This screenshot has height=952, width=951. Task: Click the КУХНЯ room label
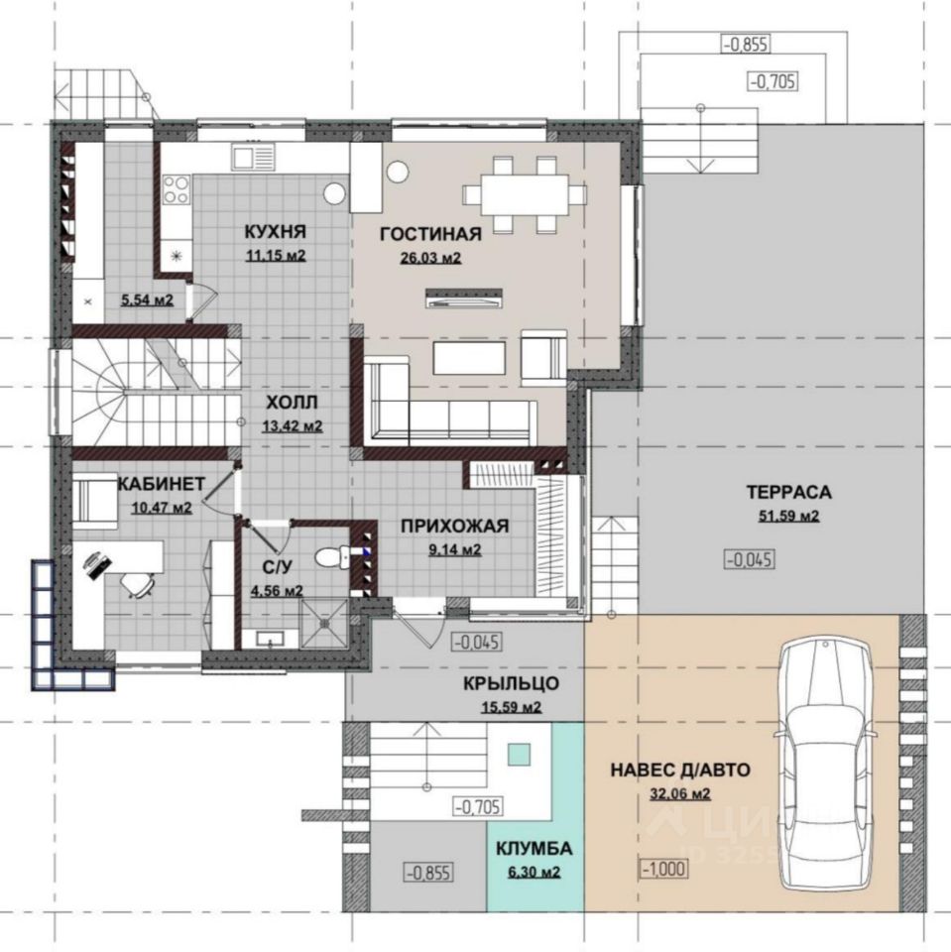tap(275, 231)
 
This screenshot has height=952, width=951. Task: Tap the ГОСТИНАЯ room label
tap(430, 234)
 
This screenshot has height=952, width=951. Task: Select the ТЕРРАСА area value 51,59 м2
tap(788, 516)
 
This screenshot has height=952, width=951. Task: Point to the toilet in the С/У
tap(331, 556)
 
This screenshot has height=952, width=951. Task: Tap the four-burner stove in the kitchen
tap(177, 189)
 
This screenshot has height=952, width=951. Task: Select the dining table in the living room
tap(525, 195)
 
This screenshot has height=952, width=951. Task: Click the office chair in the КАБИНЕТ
tap(137, 585)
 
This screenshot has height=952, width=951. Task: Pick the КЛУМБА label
tap(534, 848)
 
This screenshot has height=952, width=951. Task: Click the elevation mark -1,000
tap(664, 869)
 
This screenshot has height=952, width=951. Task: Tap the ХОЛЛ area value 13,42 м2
tap(293, 426)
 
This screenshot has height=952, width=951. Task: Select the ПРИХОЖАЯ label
tap(455, 526)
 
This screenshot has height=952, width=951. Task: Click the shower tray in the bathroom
tap(325, 623)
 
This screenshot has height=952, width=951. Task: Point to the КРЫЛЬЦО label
tap(512, 683)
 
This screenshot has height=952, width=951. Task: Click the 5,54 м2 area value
tap(147, 299)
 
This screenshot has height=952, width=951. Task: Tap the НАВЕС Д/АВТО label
tap(680, 770)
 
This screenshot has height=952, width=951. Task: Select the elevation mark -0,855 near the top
tap(746, 44)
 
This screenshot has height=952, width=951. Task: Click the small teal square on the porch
tap(520, 755)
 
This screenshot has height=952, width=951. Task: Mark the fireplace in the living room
tap(463, 298)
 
